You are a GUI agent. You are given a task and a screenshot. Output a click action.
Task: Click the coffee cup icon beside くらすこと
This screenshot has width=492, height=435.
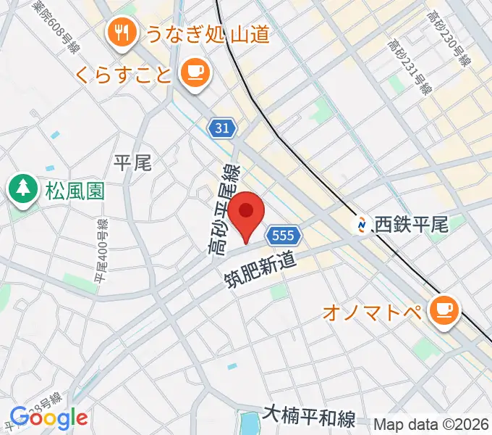tap(194, 72)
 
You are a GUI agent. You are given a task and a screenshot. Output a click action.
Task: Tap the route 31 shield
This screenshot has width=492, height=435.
tap(223, 128)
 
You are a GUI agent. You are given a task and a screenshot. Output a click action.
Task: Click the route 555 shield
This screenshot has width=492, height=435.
tap(281, 235)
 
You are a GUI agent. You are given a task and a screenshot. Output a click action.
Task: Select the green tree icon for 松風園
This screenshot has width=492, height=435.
tap(23, 191)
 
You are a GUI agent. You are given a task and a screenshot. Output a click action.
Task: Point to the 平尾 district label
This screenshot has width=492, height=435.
tap(132, 162)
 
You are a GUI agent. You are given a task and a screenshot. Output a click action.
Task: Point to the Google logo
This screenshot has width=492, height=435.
tap(48, 418)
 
